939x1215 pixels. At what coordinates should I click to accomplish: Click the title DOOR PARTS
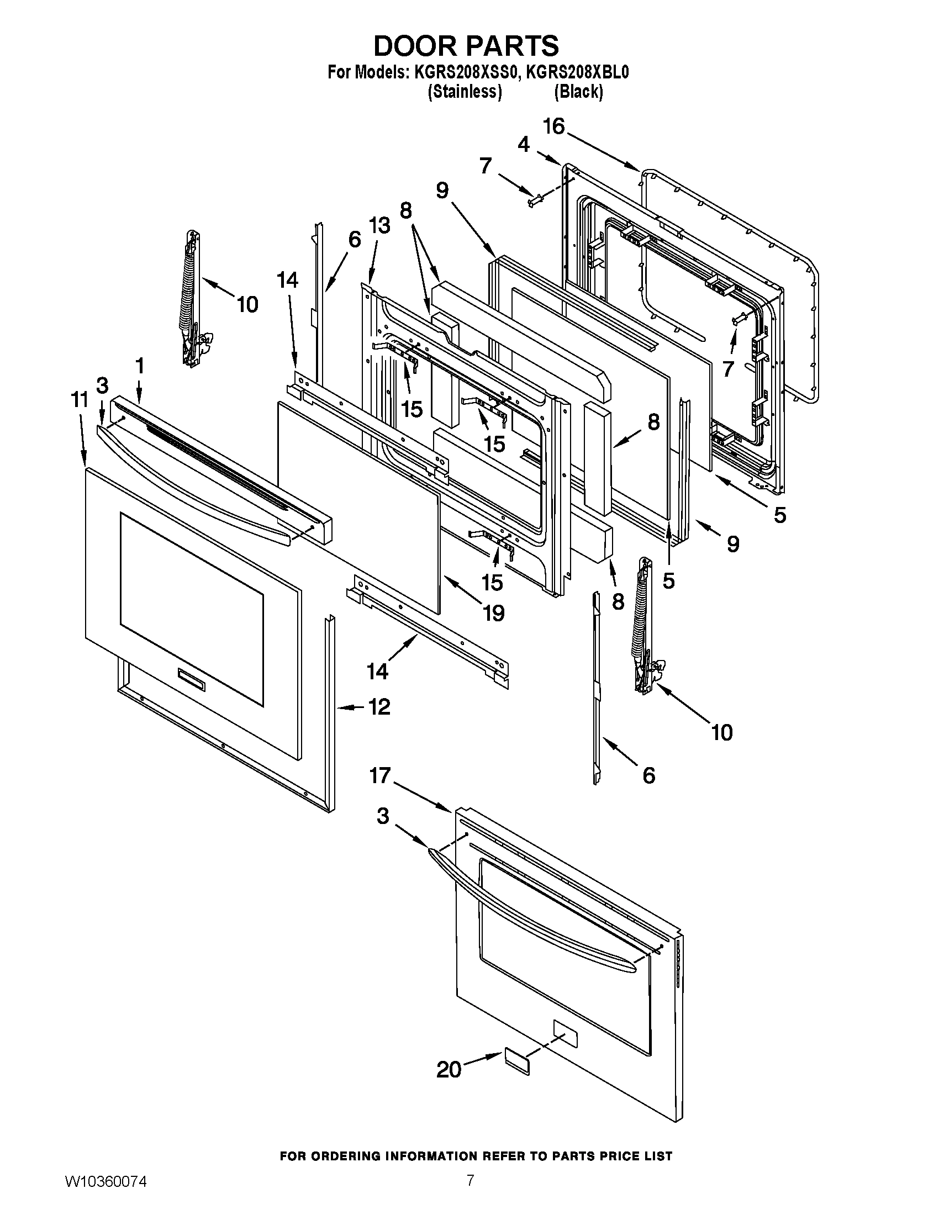pos(466,46)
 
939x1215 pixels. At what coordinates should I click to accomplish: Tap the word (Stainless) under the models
pos(465,91)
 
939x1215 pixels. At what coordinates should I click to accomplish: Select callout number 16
pos(553,127)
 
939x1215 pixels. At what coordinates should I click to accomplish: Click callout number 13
pos(379,226)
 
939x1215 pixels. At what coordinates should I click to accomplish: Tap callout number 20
pos(449,1070)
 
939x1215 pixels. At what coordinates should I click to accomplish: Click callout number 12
pos(378,707)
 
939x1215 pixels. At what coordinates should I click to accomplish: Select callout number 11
pos(80,399)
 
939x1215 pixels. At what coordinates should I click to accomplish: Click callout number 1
pos(140,366)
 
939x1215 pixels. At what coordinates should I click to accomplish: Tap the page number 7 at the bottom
pos(470,1192)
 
